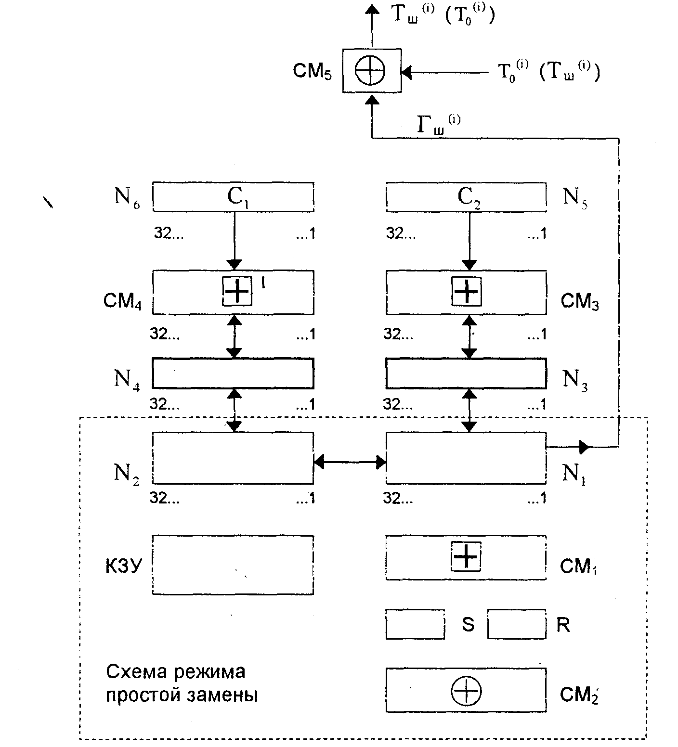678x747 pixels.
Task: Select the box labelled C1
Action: [x=233, y=196]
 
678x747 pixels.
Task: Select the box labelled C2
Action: [x=466, y=196]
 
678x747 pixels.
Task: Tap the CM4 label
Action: [x=122, y=301]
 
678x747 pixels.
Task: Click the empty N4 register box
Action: [x=233, y=373]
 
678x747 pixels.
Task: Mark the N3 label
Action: [x=575, y=380]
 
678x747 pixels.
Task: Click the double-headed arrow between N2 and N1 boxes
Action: [x=350, y=463]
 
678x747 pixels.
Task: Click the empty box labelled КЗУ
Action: [x=233, y=565]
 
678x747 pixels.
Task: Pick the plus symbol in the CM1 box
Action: [x=466, y=556]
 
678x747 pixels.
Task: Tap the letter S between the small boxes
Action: [x=468, y=624]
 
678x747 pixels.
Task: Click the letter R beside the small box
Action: [x=563, y=624]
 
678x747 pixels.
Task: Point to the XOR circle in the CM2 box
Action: [x=466, y=691]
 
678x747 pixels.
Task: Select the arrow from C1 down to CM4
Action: [x=234, y=241]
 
